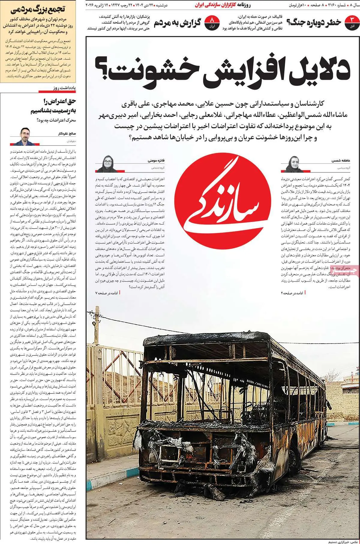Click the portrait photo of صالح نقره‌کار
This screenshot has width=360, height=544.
pyautogui.click(x=25, y=136)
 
